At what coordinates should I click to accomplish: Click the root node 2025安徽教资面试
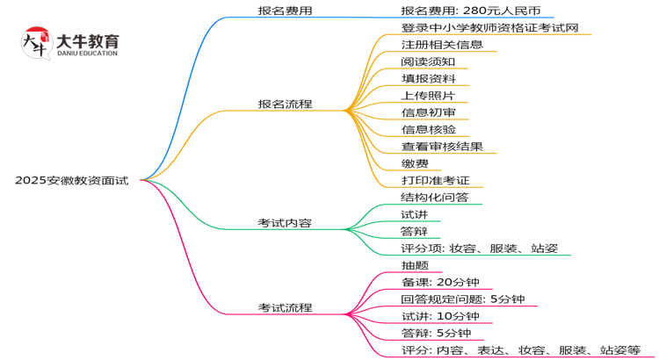(x=71, y=180)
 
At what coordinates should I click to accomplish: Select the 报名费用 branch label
(x=284, y=11)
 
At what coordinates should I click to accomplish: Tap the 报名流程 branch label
(x=284, y=104)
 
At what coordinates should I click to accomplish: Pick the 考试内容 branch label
(x=284, y=223)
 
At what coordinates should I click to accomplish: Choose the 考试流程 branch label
(x=284, y=307)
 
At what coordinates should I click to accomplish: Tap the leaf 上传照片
(x=427, y=96)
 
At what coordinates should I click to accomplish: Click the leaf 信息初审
(x=427, y=112)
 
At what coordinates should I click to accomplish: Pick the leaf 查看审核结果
(x=442, y=147)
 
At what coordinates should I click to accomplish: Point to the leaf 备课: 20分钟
(x=438, y=283)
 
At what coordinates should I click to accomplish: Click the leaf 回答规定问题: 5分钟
(x=462, y=299)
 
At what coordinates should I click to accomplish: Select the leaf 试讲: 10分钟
(x=440, y=316)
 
